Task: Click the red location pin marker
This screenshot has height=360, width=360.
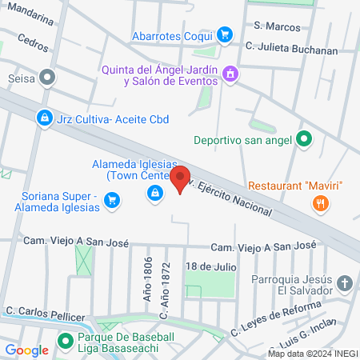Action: (x=181, y=178)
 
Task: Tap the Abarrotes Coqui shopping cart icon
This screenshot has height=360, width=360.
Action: (x=226, y=34)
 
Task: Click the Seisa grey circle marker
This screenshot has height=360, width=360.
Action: (x=48, y=78)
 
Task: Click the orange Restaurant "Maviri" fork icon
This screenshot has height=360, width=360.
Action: (x=321, y=204)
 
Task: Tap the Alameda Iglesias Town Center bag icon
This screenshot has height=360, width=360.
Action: (x=154, y=192)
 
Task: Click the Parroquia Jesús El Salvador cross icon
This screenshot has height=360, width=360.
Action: (x=344, y=283)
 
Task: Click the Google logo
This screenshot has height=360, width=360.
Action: (x=26, y=350)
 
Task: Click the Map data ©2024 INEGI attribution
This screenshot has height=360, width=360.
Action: (x=311, y=353)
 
